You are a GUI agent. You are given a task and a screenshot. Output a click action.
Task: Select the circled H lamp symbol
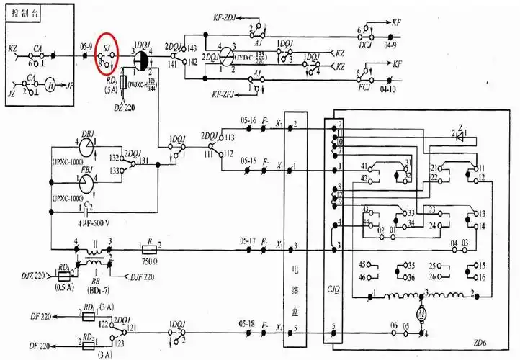pos(50,84)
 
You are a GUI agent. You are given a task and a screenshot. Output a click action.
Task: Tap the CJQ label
pos(333,292)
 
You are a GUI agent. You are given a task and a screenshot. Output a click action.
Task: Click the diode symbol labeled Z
pos(461,131)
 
